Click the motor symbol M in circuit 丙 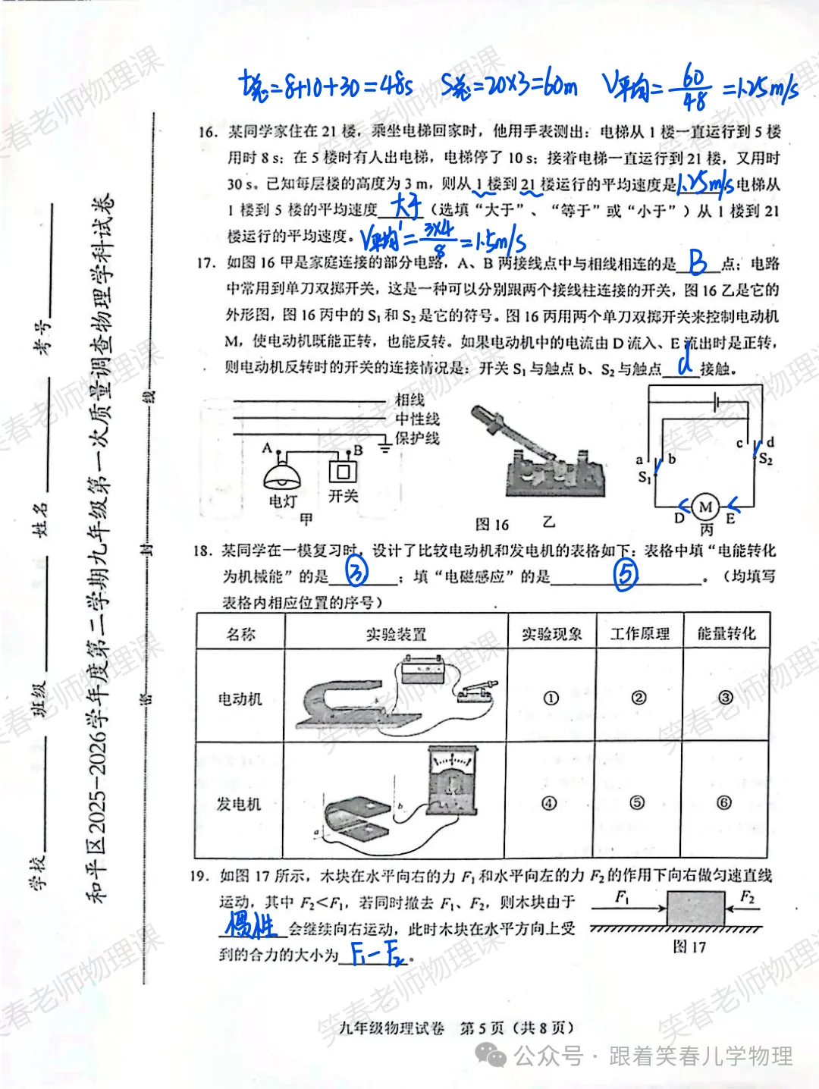pos(706,507)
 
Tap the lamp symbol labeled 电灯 pos(281,475)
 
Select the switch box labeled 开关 pos(343,472)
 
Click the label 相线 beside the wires pos(409,400)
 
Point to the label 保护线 pos(416,438)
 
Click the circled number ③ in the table pos(726,697)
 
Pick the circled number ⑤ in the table pos(637,802)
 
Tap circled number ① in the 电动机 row pos(551,698)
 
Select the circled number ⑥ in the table pos(724,802)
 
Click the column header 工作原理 pos(639,633)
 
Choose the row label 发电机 pos(239,803)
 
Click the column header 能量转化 pos(726,633)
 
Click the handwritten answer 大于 pos(406,206)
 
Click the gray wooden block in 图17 pos(695,908)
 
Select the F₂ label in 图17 pos(748,897)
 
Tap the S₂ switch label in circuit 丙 pos(766,460)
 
